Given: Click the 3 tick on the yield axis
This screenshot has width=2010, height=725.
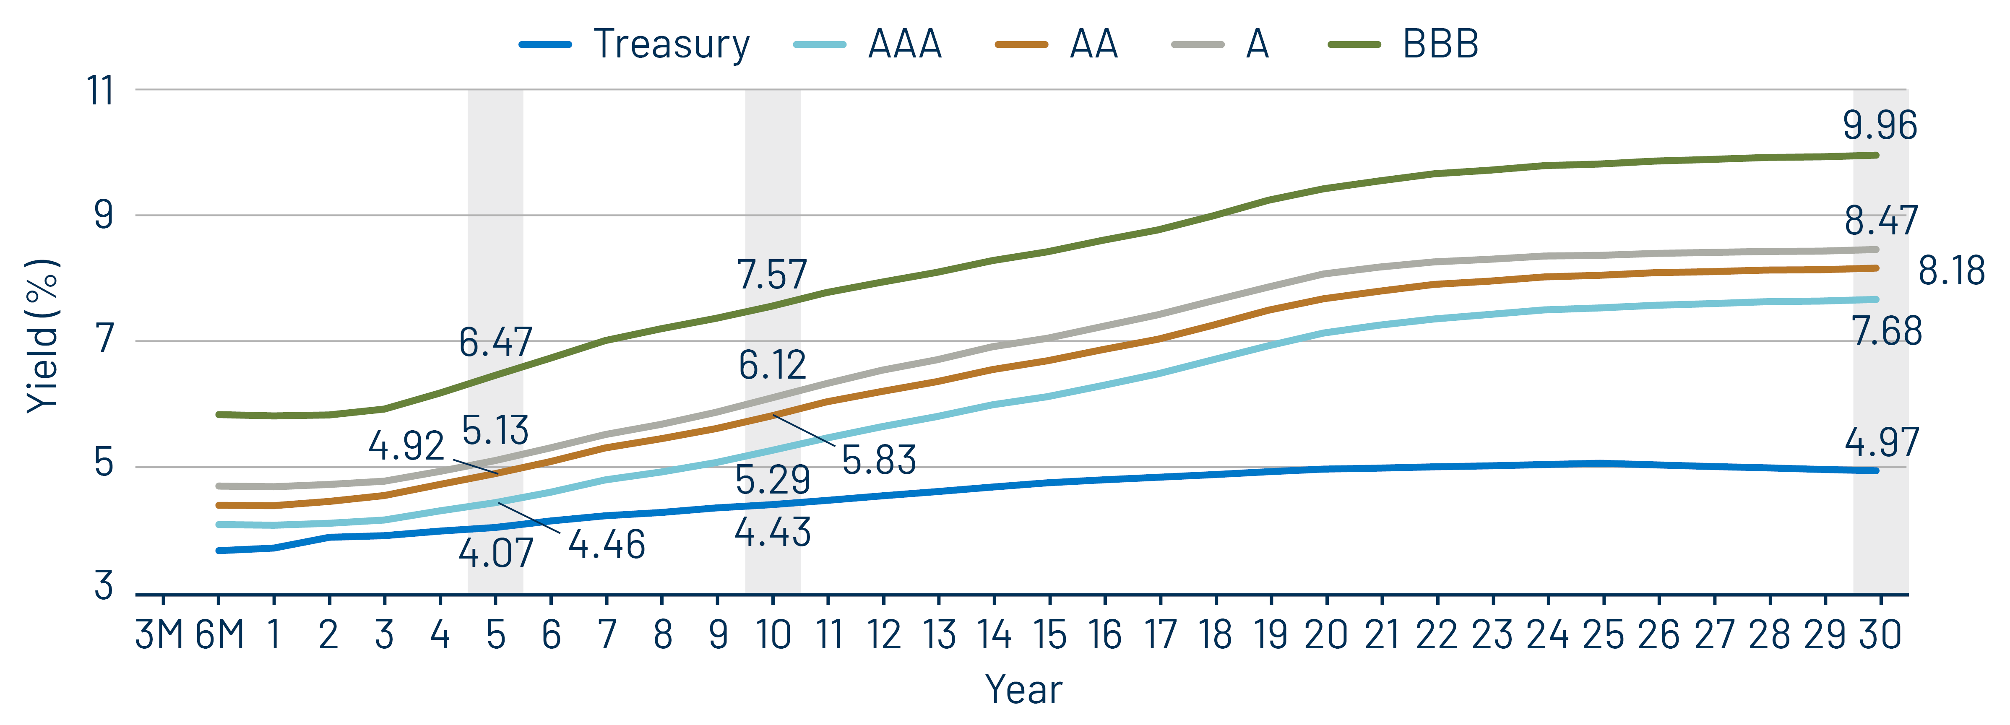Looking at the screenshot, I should pos(104,585).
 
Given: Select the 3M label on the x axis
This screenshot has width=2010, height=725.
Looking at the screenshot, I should pos(159,634).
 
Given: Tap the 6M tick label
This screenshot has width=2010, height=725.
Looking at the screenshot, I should pos(219,634).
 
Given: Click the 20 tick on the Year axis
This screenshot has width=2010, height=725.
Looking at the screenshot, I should pos(1326,634).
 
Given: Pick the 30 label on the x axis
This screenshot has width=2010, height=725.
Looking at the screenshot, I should pos(1880,634).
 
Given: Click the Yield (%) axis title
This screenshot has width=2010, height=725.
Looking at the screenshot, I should pos(43,335).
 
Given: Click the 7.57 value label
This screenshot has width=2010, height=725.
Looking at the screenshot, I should pos(772,275).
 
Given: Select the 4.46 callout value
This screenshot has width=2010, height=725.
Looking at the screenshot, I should pos(606,545).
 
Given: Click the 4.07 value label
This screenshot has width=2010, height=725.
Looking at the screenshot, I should pos(495,554).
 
